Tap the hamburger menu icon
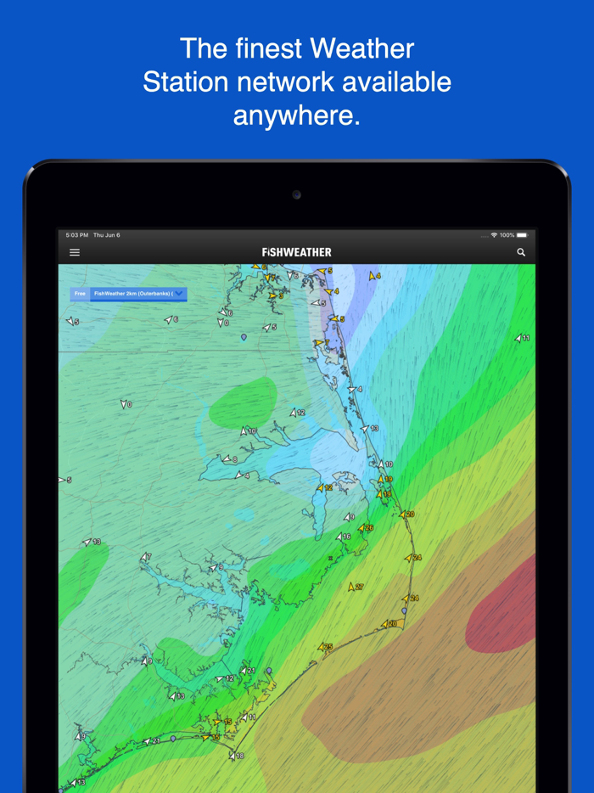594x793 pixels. pos(75,252)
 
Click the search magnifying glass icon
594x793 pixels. pos(521,252)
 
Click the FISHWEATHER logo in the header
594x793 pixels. pos(297,252)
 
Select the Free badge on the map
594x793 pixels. pos(80,294)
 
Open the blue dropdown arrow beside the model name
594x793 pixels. pos(179,294)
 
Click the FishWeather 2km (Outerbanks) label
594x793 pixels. pos(132,294)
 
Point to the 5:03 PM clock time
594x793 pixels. pos(77,235)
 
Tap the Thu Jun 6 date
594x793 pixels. pos(107,235)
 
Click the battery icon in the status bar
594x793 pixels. pos(522,235)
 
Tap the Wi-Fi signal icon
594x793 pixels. pos(494,235)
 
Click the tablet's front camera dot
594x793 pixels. pos(296,195)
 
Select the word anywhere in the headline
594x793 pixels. pos(297,115)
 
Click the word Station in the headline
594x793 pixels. pos(183,82)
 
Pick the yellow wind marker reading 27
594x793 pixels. pos(355,587)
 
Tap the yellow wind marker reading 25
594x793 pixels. pos(325,647)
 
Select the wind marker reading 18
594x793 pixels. pos(235,756)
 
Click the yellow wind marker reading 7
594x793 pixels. pos(322,343)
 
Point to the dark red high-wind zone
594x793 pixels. pos(505,603)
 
